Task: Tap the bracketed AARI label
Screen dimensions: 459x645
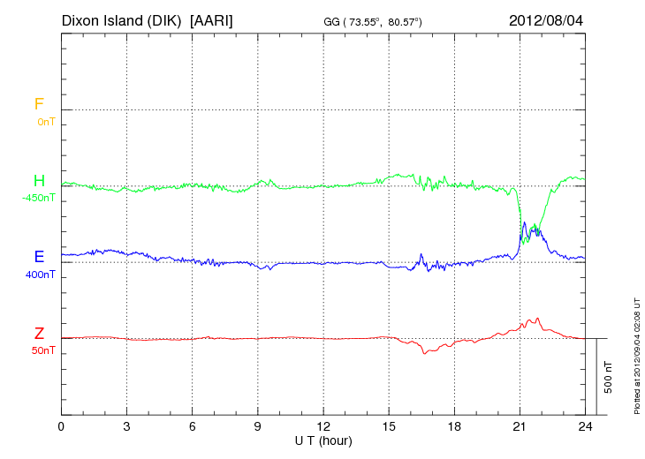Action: point(211,19)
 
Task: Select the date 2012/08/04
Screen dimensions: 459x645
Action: point(546,19)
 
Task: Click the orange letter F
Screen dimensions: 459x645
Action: point(39,105)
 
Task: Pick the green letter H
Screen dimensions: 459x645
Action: point(39,182)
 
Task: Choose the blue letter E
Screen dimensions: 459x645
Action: point(39,257)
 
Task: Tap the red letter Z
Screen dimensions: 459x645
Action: point(39,334)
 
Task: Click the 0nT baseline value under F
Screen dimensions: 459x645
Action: point(45,122)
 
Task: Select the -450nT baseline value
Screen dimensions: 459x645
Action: point(39,198)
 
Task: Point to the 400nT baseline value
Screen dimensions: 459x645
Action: point(41,275)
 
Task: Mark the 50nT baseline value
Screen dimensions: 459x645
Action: point(42,350)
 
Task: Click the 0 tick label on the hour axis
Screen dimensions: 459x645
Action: point(61,426)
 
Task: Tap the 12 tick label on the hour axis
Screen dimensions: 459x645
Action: point(323,426)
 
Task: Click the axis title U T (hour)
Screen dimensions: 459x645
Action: point(323,440)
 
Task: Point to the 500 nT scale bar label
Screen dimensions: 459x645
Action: point(608,377)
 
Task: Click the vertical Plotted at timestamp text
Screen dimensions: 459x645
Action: point(637,353)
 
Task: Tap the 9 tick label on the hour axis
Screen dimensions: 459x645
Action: point(258,426)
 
